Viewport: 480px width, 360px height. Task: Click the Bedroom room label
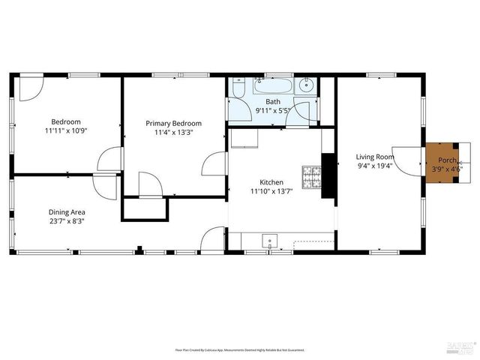pyautogui.click(x=66, y=121)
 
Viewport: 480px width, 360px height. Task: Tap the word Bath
pyautogui.click(x=273, y=102)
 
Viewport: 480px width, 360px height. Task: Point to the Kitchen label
pyautogui.click(x=271, y=182)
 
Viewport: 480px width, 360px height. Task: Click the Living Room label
pyautogui.click(x=375, y=157)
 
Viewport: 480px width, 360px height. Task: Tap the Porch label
pyautogui.click(x=448, y=160)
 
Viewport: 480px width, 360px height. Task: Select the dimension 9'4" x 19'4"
pyautogui.click(x=375, y=166)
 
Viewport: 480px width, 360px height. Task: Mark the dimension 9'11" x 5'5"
pyautogui.click(x=273, y=111)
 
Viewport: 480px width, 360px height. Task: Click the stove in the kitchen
pyautogui.click(x=311, y=177)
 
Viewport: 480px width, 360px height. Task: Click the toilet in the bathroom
pyautogui.click(x=238, y=88)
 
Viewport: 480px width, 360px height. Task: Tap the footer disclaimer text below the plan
pyautogui.click(x=240, y=349)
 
